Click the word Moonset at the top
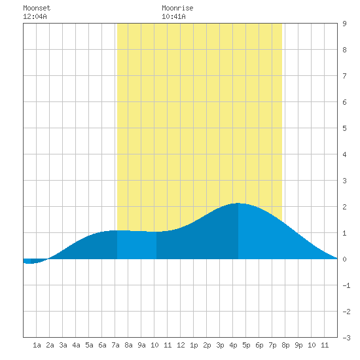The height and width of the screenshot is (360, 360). pyautogui.click(x=37, y=8)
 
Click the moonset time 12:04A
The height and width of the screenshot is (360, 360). pyautogui.click(x=35, y=16)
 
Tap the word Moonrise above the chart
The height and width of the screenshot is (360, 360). pyautogui.click(x=177, y=8)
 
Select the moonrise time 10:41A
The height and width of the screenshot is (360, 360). pyautogui.click(x=173, y=16)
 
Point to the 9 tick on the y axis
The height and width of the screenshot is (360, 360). pyautogui.click(x=344, y=24)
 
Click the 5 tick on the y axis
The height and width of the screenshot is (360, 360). pyautogui.click(x=344, y=128)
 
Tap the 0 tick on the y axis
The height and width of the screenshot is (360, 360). pyautogui.click(x=344, y=259)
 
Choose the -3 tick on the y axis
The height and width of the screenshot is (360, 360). pyautogui.click(x=346, y=338)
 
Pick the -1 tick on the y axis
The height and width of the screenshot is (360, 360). pyautogui.click(x=346, y=285)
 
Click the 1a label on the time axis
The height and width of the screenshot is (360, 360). pyautogui.click(x=37, y=345)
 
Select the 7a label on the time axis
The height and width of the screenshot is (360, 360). pyautogui.click(x=115, y=345)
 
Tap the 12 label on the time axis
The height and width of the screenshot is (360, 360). pyautogui.click(x=181, y=345)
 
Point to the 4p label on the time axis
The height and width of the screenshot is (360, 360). pyautogui.click(x=233, y=345)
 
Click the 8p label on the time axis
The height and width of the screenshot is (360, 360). pyautogui.click(x=285, y=345)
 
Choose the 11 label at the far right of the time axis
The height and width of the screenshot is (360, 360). pyautogui.click(x=325, y=345)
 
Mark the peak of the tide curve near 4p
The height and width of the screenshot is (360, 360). pyautogui.click(x=238, y=203)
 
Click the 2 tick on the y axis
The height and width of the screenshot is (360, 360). pyautogui.click(x=344, y=207)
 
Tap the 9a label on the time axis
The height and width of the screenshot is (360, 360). pyautogui.click(x=141, y=345)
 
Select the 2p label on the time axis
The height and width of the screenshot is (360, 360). pyautogui.click(x=207, y=345)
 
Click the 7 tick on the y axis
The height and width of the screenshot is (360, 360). pyautogui.click(x=344, y=76)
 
